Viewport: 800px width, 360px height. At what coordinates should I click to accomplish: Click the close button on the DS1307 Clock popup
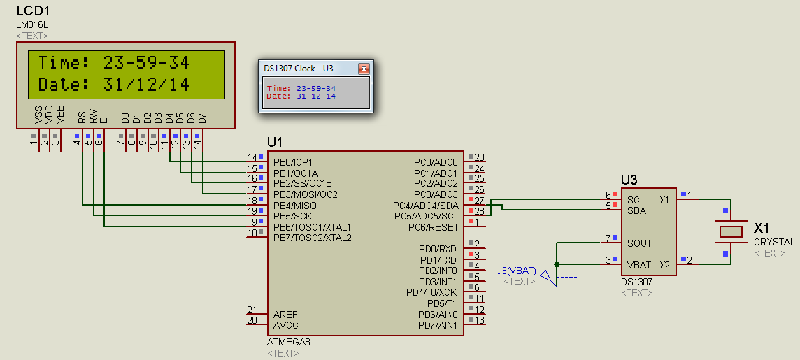pos(363,69)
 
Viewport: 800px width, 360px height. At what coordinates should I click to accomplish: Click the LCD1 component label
pos(33,12)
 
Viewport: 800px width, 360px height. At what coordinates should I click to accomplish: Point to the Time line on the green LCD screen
pos(113,63)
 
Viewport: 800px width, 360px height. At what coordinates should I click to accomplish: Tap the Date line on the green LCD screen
pos(113,85)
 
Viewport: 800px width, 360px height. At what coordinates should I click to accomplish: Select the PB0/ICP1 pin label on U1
pos(294,162)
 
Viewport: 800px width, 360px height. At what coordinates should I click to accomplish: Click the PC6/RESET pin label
pos(434,227)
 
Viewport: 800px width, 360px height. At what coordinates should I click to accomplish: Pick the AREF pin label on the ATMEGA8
pos(285,315)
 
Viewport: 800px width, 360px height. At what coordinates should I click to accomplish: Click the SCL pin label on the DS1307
pos(636,200)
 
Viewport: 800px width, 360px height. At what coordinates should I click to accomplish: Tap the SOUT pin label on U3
pos(639,243)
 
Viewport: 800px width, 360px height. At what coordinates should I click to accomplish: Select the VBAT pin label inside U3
pos(639,265)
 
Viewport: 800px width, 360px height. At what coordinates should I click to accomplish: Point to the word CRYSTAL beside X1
pos(774,242)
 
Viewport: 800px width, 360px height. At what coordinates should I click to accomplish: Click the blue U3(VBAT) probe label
pos(515,271)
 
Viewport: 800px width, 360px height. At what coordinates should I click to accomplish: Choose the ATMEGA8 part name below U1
pos(288,343)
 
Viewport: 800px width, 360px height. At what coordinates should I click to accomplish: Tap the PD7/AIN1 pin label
pos(437,325)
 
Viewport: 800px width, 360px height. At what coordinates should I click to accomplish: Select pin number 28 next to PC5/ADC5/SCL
pos(479,211)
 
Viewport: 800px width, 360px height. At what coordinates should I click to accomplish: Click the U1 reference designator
pos(275,142)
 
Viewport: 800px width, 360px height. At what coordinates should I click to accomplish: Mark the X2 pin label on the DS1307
pos(664,265)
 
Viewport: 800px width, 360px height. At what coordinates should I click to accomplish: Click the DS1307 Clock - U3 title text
pos(299,69)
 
